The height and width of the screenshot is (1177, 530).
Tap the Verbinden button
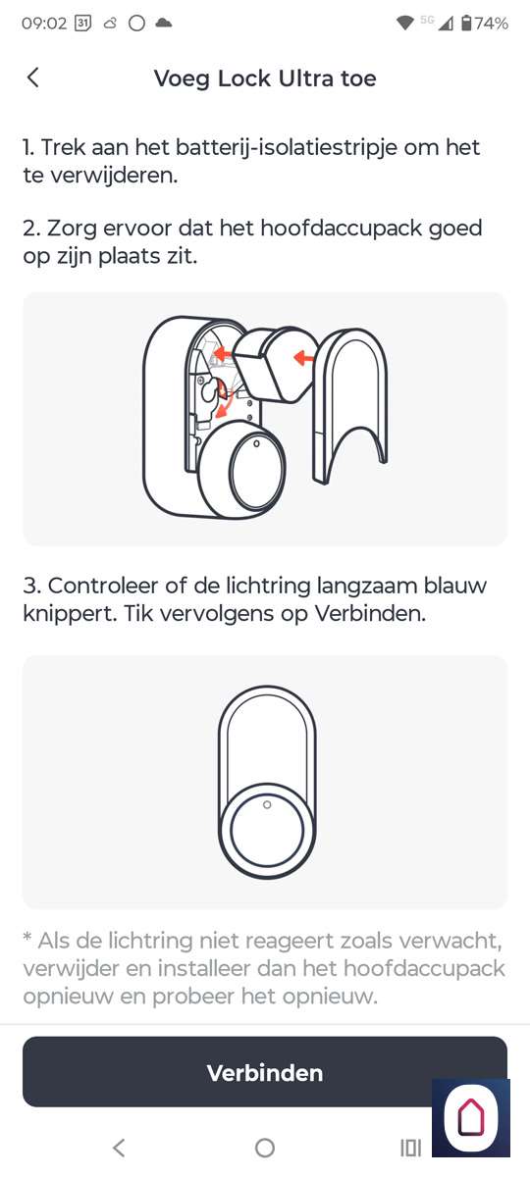[264, 1072]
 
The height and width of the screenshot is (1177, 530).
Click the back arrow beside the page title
[32, 77]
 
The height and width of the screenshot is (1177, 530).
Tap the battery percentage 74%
[492, 24]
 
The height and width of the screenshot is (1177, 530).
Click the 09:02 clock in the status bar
[44, 24]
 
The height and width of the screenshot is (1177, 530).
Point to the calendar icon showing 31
[83, 24]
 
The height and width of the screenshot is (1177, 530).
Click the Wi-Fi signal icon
[404, 24]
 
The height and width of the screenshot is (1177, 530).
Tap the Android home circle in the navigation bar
[264, 1149]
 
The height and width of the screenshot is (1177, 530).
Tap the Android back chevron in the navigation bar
[119, 1149]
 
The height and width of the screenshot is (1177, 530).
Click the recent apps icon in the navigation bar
[410, 1149]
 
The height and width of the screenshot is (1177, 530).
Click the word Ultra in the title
[305, 78]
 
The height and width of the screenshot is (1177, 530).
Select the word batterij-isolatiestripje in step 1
[286, 148]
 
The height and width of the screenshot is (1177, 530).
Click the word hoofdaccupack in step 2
[342, 229]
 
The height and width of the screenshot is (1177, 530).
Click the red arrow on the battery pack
[303, 359]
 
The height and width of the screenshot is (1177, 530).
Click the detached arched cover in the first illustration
[349, 404]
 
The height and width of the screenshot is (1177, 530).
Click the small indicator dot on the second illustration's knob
[267, 805]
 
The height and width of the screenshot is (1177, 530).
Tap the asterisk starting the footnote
[27, 937]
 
